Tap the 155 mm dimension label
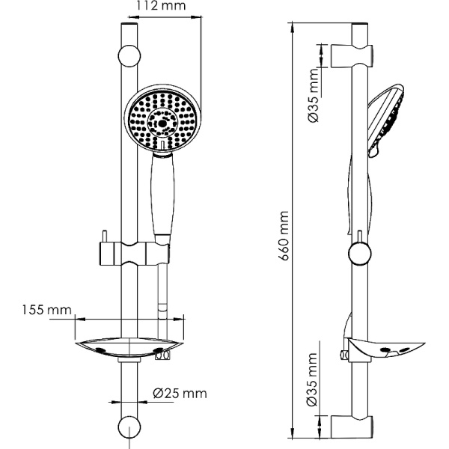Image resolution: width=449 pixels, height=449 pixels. coord(46,309)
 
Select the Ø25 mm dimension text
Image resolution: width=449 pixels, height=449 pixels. coord(180,393)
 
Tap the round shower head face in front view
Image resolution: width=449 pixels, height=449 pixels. coord(162,117)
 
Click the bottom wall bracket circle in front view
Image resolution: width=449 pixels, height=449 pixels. coord(129,429)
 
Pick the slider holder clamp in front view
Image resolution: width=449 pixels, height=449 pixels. coord(135,253)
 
